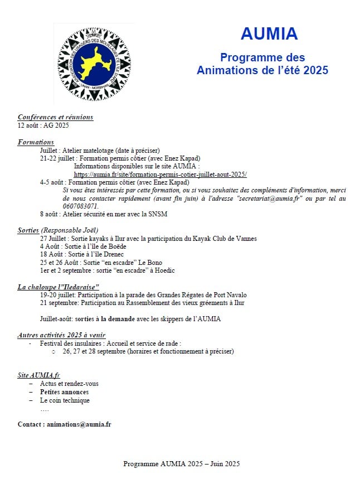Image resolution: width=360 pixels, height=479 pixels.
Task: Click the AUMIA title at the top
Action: [x=269, y=33]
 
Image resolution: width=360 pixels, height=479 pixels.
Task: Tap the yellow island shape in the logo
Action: [x=94, y=63]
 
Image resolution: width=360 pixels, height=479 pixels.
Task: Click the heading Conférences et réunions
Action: [x=55, y=117]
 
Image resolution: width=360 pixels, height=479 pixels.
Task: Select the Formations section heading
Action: [x=36, y=142]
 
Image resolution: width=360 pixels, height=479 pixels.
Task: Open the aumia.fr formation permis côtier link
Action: [x=160, y=175]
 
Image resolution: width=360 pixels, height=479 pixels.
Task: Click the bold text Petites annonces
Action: [x=64, y=392]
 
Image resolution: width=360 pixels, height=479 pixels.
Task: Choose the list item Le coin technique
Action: [x=65, y=400]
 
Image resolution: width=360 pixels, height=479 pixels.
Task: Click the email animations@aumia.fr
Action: [x=79, y=424]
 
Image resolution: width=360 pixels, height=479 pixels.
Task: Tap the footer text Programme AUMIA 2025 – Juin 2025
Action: [x=181, y=464]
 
